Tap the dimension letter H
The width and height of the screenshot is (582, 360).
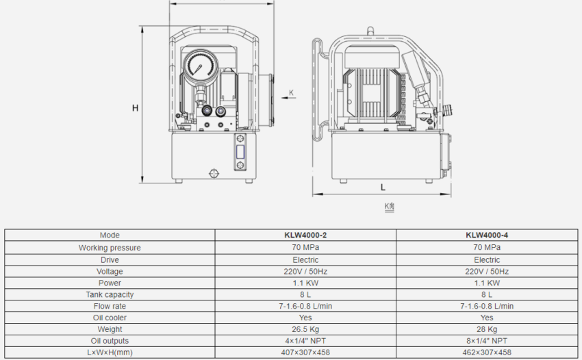click(135, 107)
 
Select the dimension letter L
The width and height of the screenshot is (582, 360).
click(383, 187)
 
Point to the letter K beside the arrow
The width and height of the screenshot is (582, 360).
click(291, 92)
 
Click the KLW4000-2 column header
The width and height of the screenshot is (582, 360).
click(305, 235)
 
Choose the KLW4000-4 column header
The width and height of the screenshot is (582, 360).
click(487, 235)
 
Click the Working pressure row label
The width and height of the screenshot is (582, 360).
click(110, 248)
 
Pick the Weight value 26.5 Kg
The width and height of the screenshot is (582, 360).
click(305, 329)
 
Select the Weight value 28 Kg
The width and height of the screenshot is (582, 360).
click(487, 329)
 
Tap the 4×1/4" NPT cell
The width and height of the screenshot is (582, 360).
click(305, 341)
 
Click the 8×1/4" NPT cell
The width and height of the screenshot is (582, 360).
click(487, 341)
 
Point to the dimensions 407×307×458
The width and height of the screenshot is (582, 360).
click(305, 352)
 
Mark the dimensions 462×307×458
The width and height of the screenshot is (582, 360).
click(487, 352)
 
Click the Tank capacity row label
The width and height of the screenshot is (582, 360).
click(110, 294)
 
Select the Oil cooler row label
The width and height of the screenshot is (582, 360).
click(110, 318)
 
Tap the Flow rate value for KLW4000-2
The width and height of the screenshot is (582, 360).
click(305, 306)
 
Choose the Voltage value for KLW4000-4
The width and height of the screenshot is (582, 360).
click(487, 271)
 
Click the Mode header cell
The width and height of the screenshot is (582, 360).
click(110, 235)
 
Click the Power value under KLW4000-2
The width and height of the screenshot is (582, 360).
click(305, 283)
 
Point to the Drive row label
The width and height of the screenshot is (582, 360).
click(110, 259)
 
